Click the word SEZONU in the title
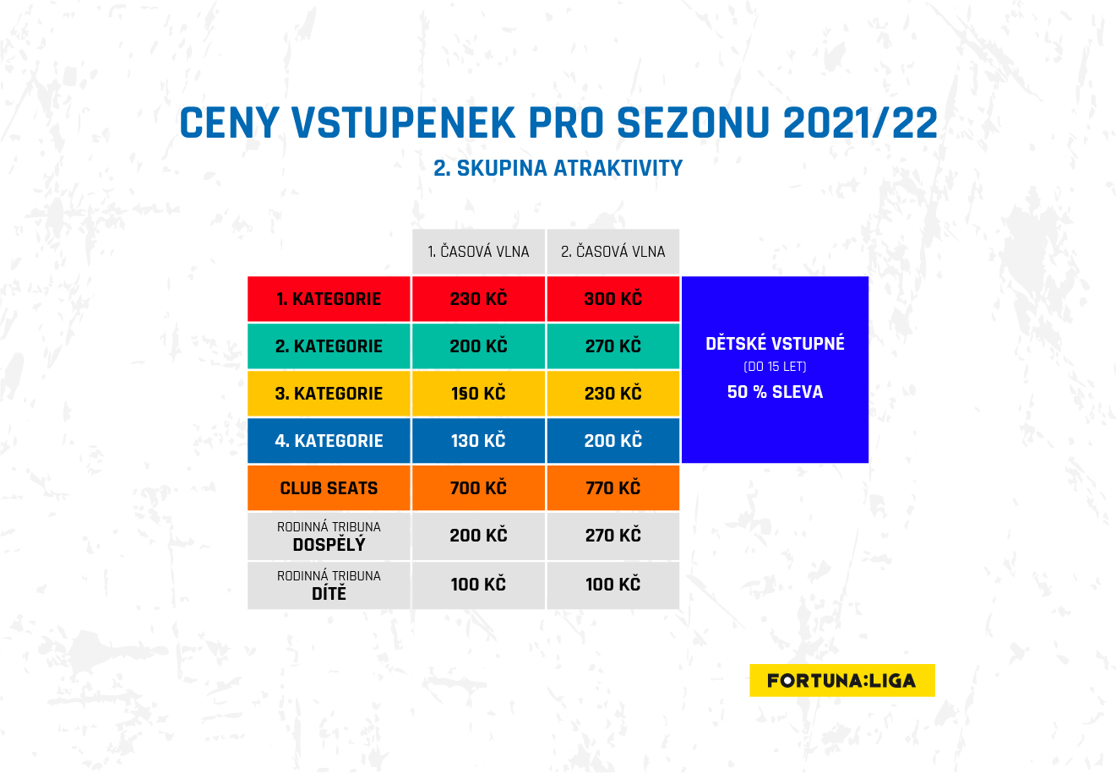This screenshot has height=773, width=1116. point(694,122)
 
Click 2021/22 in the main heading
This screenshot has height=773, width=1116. point(860,122)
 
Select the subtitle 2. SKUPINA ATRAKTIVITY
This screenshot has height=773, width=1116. point(558,168)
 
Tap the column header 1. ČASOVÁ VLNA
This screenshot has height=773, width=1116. point(478,252)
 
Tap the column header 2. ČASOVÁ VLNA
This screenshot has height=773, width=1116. point(612,252)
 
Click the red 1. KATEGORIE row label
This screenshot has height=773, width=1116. point(329,299)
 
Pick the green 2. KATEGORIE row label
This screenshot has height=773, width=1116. point(329,346)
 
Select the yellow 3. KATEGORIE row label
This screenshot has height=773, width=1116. point(329,394)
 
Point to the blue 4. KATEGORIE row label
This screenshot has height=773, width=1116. point(329,441)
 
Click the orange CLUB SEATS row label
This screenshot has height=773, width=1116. point(329,488)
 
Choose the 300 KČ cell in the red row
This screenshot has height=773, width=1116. point(612,299)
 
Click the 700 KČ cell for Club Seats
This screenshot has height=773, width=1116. point(478,488)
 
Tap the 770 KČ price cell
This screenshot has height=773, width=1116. point(612,488)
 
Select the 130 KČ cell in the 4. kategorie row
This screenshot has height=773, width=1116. point(478,441)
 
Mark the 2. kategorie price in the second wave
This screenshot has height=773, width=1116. point(612,346)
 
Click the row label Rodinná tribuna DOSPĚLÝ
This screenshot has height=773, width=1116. point(329,536)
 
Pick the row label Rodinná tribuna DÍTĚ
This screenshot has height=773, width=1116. point(329,585)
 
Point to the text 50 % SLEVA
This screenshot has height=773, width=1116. point(775,392)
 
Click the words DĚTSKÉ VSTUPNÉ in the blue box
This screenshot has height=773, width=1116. point(775,343)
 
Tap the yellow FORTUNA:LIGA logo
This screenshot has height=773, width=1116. point(842,680)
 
